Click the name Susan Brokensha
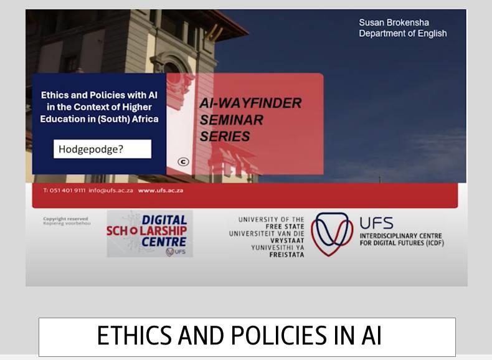tap(394, 22)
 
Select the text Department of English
tap(402, 34)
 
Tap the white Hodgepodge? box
tap(102, 149)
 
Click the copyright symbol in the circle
tap(183, 162)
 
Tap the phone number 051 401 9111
tap(68, 190)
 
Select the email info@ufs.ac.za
tap(111, 190)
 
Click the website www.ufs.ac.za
tap(161, 190)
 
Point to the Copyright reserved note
tap(67, 220)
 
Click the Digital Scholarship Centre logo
tap(149, 234)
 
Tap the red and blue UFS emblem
tap(332, 234)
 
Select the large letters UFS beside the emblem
tap(377, 223)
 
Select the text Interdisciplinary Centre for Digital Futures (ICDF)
tap(401, 239)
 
